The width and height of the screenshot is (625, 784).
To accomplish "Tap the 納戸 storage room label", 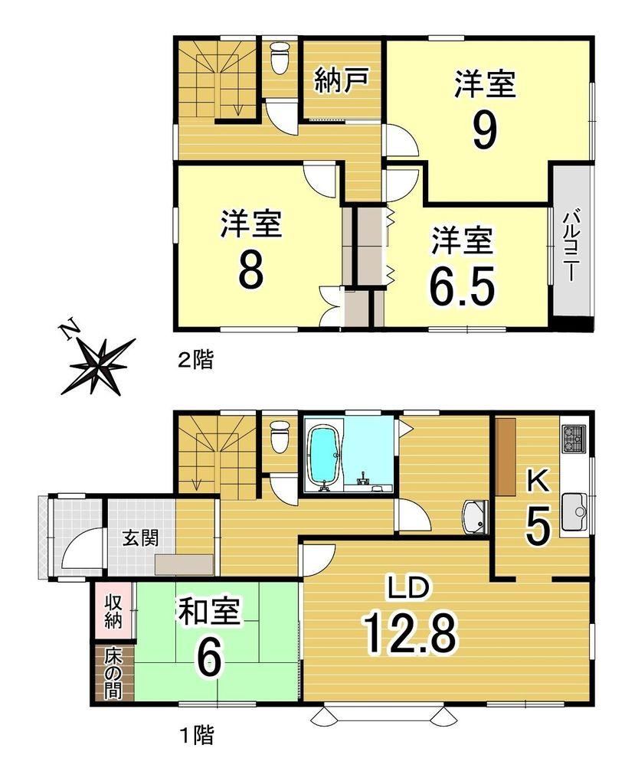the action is click(x=342, y=81).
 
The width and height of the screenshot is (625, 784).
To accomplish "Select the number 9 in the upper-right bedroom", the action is click(x=485, y=131).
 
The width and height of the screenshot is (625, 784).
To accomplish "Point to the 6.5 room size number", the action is click(x=463, y=286).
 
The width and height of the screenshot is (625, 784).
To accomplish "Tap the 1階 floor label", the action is click(x=197, y=735).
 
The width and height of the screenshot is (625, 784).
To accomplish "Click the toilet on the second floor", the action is click(x=280, y=58).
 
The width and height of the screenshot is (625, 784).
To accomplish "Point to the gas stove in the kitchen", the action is click(x=575, y=439).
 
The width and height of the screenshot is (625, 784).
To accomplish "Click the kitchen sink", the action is click(x=575, y=511).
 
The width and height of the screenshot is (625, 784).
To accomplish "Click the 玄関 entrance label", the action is click(x=141, y=538).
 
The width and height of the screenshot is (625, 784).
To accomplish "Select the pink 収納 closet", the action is click(x=114, y=610).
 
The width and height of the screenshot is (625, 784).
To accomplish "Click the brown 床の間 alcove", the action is click(x=114, y=672).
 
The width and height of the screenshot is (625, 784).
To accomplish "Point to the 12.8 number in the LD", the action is click(x=410, y=634).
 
